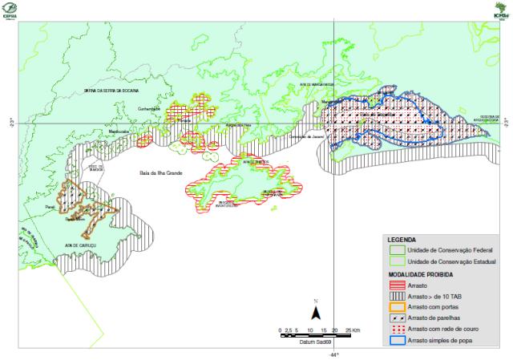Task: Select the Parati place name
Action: coord(50,205)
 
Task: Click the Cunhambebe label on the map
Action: coord(149,109)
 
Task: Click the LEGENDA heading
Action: coord(402,240)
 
